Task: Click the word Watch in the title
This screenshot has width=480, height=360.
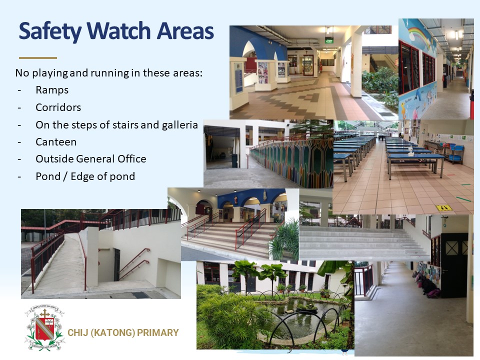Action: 119,31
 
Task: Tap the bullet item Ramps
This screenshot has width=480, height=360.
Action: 52,90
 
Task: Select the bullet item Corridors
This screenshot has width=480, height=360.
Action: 58,107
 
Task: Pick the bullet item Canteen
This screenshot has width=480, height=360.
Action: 56,142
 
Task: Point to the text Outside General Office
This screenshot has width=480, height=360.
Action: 91,159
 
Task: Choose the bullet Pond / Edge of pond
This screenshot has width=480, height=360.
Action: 85,176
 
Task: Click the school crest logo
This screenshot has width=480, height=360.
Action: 44,327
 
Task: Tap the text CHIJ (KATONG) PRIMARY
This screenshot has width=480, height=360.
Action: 123,333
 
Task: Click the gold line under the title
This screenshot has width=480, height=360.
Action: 38,57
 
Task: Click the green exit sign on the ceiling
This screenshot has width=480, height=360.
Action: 329,40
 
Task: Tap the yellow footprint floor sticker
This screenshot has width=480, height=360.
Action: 444,208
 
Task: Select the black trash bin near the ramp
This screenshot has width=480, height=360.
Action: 234,160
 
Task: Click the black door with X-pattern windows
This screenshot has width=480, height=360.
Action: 454,265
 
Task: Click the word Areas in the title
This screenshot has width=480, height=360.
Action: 185,31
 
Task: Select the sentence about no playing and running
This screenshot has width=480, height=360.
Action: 109,73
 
